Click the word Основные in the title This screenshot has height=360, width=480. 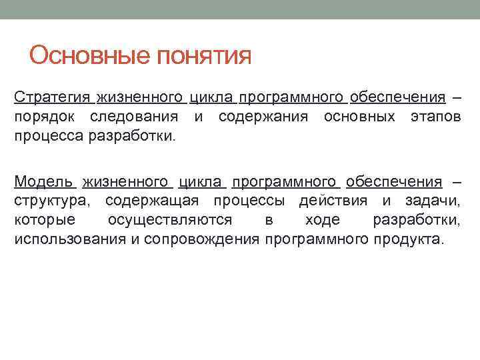(x=90, y=55)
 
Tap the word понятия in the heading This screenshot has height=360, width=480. (x=204, y=57)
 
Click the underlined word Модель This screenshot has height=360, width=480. (x=44, y=182)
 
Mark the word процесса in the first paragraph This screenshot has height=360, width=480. (x=45, y=137)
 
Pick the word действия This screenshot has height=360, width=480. (x=331, y=201)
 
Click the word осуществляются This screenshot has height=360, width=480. (x=169, y=221)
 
